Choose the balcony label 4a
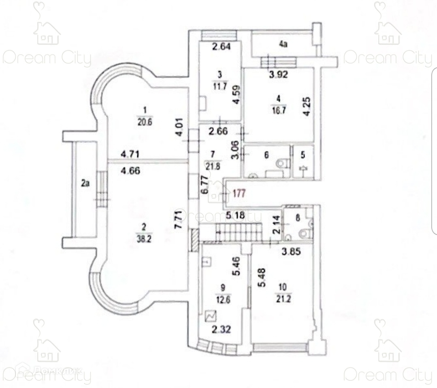coord(283,44)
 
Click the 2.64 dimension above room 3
coord(221,46)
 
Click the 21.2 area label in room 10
coord(284,299)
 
